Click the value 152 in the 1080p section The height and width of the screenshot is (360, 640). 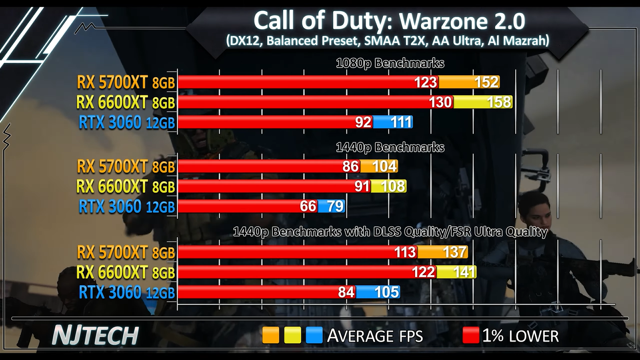point(486,82)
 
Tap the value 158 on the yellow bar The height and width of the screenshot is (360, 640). point(499,102)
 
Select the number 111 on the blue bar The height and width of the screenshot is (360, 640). point(401,122)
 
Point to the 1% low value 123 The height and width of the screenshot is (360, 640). point(425,82)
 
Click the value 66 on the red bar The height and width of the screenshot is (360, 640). point(308,206)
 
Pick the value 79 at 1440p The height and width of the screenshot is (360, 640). point(335,206)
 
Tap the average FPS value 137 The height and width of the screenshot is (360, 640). point(455,252)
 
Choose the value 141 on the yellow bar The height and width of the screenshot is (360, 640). point(464,272)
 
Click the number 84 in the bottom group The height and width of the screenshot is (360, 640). point(346,292)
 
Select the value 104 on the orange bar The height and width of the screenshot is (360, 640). point(384,166)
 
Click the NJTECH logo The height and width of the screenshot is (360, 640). point(95,335)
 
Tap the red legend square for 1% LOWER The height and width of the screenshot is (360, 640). point(470,335)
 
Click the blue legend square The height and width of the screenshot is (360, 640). point(314,335)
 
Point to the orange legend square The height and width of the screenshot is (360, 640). point(270,335)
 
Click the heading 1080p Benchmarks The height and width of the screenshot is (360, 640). point(390,63)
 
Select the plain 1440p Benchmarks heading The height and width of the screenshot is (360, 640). point(390,147)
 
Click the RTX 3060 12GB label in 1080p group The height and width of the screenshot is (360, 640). point(127,122)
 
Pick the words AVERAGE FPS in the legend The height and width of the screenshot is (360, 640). point(375,336)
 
